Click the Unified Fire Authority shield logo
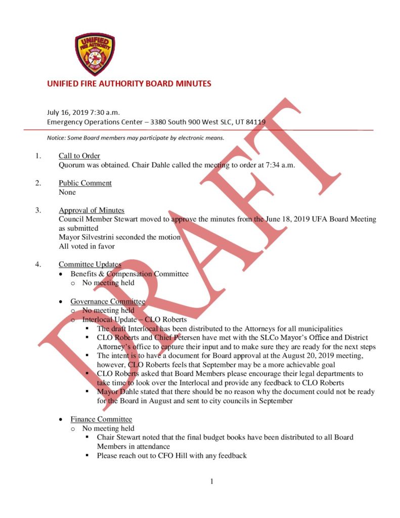tap(95, 54)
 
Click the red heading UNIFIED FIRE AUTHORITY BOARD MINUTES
tap(129, 83)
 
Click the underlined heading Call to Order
tap(79, 156)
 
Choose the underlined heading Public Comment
tap(85, 183)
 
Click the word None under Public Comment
tap(67, 192)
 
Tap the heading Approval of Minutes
tap(92, 210)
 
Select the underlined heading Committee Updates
tap(90, 265)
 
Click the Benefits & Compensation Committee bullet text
tap(129, 274)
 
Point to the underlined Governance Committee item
tap(108, 301)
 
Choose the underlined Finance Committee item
tap(101, 419)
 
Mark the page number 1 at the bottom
tap(212, 482)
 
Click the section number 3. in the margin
tap(38, 210)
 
